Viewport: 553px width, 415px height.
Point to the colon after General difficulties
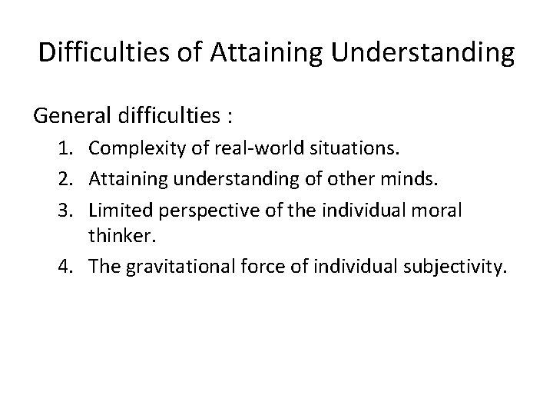pos(230,119)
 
